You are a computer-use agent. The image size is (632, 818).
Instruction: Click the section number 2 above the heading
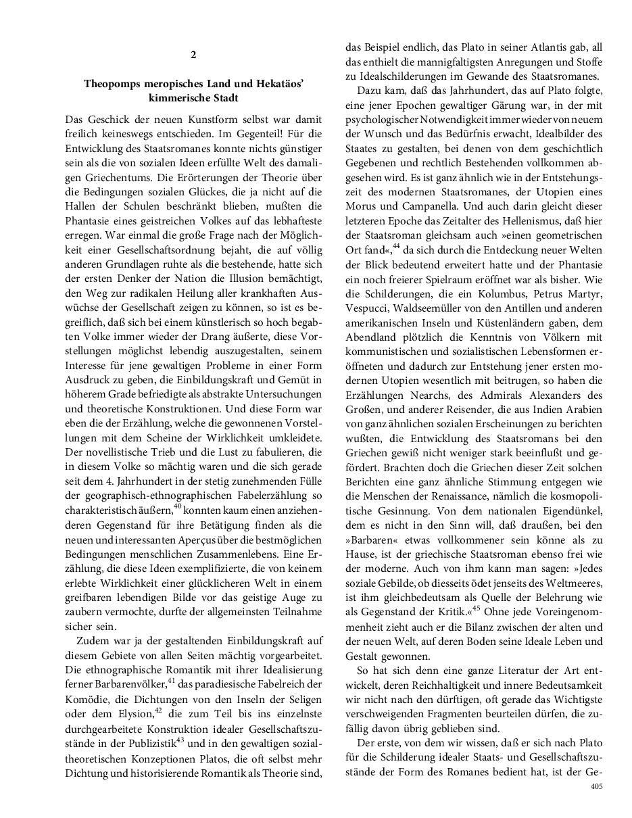[x=193, y=54]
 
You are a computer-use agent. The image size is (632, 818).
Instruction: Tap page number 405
[x=595, y=786]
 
